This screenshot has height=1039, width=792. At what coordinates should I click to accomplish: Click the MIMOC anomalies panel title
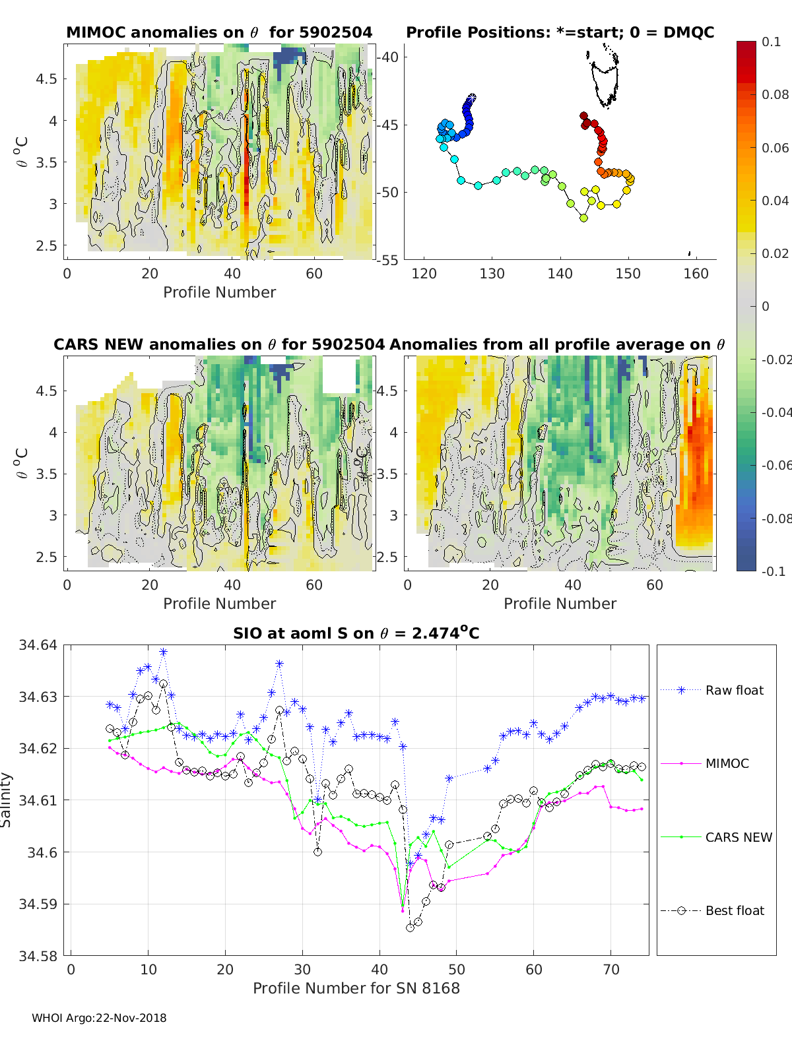(219, 32)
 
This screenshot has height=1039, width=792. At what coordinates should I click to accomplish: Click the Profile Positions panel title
(560, 32)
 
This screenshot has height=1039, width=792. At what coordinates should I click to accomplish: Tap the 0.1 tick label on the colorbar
(771, 42)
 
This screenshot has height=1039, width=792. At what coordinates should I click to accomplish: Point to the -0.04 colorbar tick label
(775, 412)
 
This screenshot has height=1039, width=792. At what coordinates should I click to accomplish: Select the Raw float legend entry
(734, 690)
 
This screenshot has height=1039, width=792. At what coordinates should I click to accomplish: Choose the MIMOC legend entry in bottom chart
(727, 763)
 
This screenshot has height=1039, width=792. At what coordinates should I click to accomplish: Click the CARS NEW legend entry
(738, 837)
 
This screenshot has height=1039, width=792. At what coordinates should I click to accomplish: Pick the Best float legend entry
(734, 910)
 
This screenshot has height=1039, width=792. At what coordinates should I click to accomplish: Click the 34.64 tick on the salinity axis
(38, 645)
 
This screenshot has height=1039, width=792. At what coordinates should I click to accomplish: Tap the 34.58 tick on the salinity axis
(38, 955)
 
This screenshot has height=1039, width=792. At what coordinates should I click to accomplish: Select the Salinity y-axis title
(7, 800)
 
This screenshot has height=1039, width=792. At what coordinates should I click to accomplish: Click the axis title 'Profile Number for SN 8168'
(356, 988)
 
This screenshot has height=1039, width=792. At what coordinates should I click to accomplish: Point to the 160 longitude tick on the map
(696, 274)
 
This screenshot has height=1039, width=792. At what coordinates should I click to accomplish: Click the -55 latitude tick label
(389, 260)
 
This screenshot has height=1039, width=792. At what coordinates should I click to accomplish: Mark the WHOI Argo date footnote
(99, 1018)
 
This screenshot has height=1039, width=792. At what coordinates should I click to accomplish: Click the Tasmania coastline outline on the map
(605, 82)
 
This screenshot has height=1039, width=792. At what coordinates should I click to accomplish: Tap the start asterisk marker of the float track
(472, 97)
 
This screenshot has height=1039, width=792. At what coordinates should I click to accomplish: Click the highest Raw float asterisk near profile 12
(163, 652)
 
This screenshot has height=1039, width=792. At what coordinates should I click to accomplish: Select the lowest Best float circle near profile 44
(410, 928)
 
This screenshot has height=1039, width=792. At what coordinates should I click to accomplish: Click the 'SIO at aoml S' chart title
(356, 633)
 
